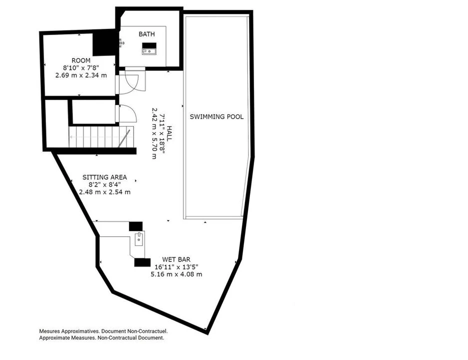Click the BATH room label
tap(146, 34)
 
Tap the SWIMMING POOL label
tap(216, 116)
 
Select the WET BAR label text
tap(176, 259)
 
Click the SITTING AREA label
tap(105, 177)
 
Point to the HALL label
tap(169, 133)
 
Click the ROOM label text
tap(81, 60)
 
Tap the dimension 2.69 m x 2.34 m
tap(81, 75)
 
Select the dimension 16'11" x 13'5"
tap(176, 267)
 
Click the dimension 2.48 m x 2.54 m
tap(105, 192)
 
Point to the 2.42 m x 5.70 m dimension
tap(154, 133)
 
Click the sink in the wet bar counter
tap(139, 239)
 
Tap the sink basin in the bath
tap(149, 51)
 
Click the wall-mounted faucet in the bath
tap(121, 43)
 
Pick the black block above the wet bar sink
tap(136, 226)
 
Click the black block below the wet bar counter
tap(142, 262)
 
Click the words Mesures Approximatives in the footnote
tap(69, 331)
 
